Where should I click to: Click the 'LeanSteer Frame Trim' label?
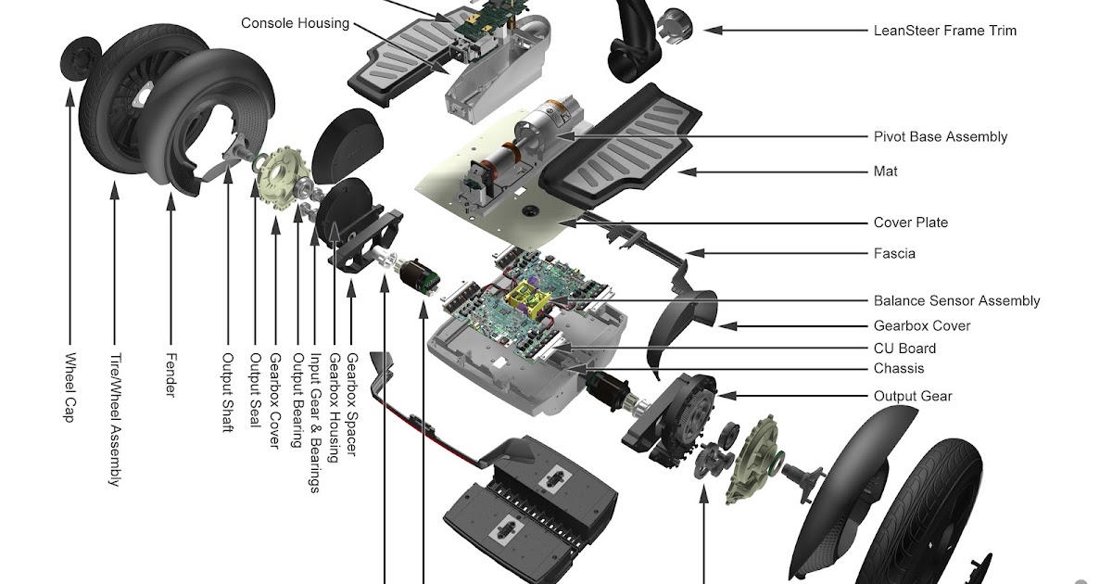pos(944,31)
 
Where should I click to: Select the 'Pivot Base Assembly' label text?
pos(940,136)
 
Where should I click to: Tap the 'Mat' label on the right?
pos(885,171)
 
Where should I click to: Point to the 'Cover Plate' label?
pos(910,222)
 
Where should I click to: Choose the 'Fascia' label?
pos(894,253)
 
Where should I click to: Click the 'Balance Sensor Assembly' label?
pos(956,300)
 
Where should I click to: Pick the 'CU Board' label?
pos(904,349)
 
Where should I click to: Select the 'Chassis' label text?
pos(898,369)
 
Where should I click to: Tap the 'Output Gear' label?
pos(912,397)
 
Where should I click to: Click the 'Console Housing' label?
pos(295,22)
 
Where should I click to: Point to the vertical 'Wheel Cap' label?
pos(70,387)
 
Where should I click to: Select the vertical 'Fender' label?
pos(171,374)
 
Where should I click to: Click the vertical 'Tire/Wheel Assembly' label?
pos(114,418)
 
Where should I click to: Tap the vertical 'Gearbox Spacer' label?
pos(351,404)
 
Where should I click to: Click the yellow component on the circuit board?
pos(531,297)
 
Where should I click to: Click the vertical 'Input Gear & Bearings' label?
pos(315,423)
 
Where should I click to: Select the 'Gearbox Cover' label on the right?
pos(922,326)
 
